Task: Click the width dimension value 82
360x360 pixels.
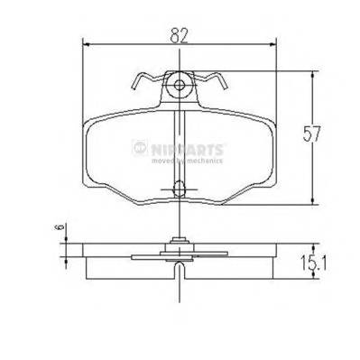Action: [x=180, y=35]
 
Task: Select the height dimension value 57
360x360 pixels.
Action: [x=312, y=134]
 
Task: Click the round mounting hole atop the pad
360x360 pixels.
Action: [x=180, y=87]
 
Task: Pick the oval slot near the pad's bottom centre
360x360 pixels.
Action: [x=180, y=189]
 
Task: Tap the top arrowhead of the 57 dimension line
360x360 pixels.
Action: [x=312, y=76]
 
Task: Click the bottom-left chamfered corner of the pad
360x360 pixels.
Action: [x=107, y=196]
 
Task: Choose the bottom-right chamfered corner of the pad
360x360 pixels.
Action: [x=254, y=196]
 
